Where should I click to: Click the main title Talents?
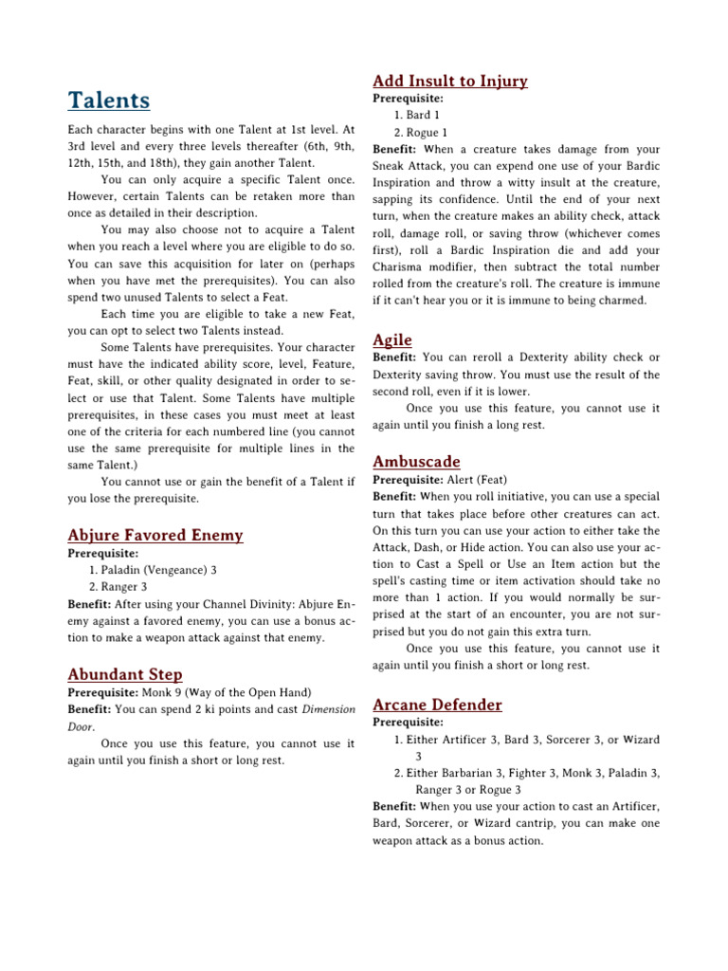coord(108,101)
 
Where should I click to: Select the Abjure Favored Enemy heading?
coord(155,536)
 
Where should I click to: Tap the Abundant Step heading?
coord(125,674)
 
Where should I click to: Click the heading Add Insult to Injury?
coord(450,81)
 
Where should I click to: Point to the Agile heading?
coord(392,339)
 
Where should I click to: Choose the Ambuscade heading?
coord(417,462)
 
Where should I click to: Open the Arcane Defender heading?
coord(438,705)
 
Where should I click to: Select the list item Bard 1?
coord(423,115)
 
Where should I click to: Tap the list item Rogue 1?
coord(428,132)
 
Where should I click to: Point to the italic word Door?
coord(82,726)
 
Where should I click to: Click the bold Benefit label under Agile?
coord(394,357)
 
